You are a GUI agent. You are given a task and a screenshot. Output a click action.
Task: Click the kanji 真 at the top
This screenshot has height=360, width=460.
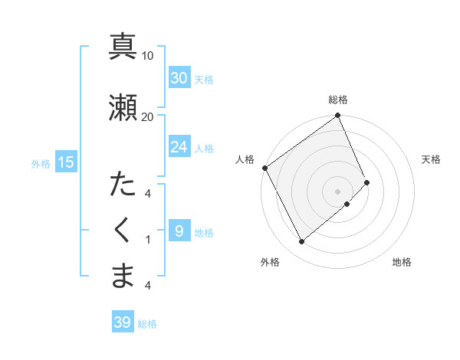pyautogui.click(x=123, y=46)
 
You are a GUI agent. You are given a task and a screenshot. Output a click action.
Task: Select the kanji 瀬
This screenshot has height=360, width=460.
pyautogui.click(x=123, y=107)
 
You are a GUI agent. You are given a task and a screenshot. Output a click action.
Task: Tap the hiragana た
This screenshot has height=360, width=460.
pyautogui.click(x=123, y=186)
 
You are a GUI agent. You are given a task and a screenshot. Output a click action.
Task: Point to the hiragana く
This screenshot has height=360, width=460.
pyautogui.click(x=123, y=231)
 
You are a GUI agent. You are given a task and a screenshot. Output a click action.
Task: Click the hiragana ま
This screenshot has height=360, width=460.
pyautogui.click(x=123, y=276)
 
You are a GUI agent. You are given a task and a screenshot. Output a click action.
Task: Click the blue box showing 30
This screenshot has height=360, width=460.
pyautogui.click(x=179, y=77)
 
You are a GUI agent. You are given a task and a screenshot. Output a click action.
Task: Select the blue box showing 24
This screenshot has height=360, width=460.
pyautogui.click(x=179, y=146)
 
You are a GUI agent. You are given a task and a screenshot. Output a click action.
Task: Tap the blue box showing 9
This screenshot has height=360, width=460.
pyautogui.click(x=179, y=231)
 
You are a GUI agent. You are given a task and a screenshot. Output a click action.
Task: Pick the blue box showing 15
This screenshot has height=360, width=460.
pyautogui.click(x=66, y=162)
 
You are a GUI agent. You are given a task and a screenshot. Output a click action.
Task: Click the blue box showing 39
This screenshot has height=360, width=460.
pyautogui.click(x=123, y=322)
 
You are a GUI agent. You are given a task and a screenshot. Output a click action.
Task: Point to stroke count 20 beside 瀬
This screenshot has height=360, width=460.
pyautogui.click(x=147, y=116)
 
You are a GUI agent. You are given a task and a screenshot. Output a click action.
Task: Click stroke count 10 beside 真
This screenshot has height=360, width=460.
pyautogui.click(x=147, y=55)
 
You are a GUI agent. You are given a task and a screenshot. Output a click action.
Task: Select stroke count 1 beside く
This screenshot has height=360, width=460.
pyautogui.click(x=147, y=240)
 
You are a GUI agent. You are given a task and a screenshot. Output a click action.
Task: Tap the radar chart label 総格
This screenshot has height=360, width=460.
pyautogui.click(x=338, y=100)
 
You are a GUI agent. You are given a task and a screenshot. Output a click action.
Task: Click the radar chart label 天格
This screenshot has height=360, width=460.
pyautogui.click(x=431, y=159)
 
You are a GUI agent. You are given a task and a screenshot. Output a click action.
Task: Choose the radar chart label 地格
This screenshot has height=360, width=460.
pyautogui.click(x=402, y=262)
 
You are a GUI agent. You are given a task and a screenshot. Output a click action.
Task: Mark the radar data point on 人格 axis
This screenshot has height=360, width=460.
pyautogui.click(x=264, y=168)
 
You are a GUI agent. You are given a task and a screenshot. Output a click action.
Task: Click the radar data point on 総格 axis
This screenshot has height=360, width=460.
pyautogui.click(x=338, y=116)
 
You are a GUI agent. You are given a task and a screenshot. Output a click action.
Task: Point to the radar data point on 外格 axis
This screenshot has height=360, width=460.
pyautogui.click(x=301, y=242)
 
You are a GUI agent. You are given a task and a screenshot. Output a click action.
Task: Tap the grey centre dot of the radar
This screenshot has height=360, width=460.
pyautogui.click(x=337, y=191)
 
